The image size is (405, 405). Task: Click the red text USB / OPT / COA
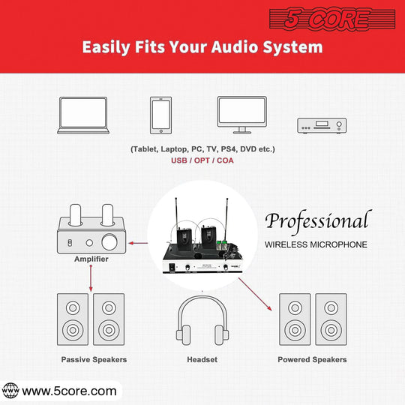[202, 161]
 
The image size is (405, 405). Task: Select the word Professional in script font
[316, 221]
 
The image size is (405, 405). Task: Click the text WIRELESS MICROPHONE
[316, 244]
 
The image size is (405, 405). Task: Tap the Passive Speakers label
[94, 360]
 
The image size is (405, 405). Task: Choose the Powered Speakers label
[312, 360]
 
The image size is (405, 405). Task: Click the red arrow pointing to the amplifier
[137, 242]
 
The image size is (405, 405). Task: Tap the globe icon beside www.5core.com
[10, 391]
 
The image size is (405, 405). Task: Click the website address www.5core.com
[69, 391]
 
